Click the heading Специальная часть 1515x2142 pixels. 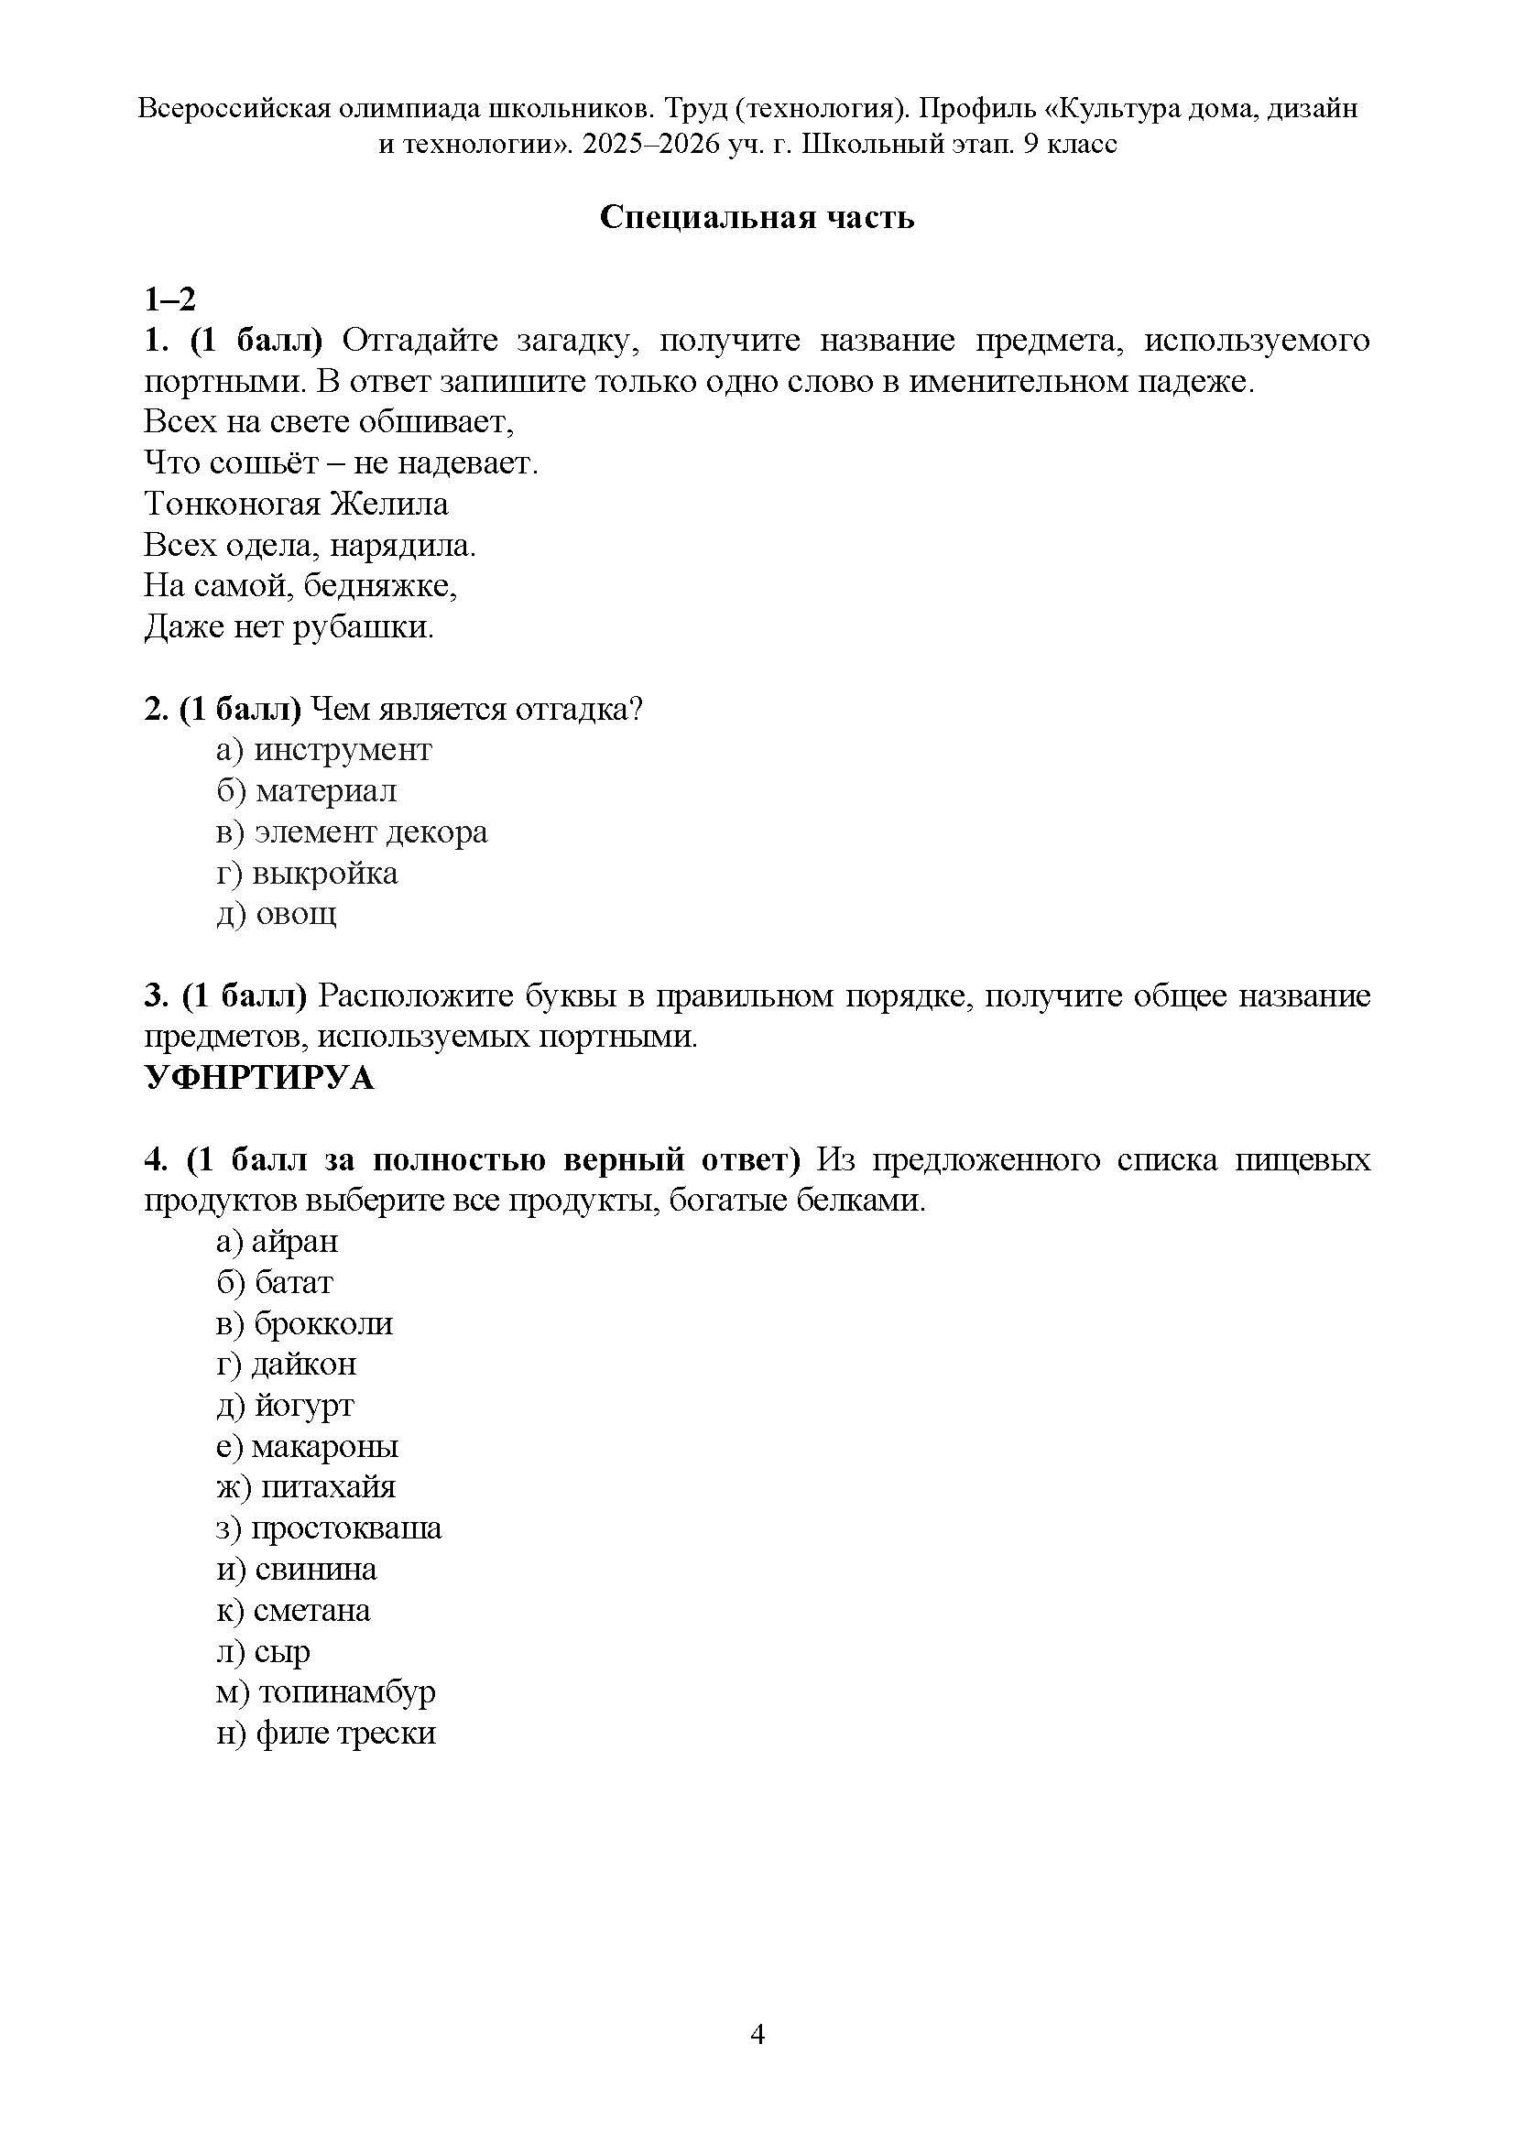757,217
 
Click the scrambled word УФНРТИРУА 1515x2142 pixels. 258,1079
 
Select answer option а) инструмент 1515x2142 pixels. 323,750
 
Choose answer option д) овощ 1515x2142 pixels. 276,914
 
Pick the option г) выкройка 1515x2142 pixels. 307,874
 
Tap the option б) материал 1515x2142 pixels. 306,791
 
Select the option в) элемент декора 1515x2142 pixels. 352,832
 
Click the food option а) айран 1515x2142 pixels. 277,1242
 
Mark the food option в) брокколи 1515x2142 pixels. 304,1324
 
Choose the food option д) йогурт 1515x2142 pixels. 285,1406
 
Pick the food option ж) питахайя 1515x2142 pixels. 306,1487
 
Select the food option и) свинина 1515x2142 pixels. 297,1570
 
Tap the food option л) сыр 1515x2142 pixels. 263,1651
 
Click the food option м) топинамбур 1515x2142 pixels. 325,1692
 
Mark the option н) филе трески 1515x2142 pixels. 325,1734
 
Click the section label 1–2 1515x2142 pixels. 169,300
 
